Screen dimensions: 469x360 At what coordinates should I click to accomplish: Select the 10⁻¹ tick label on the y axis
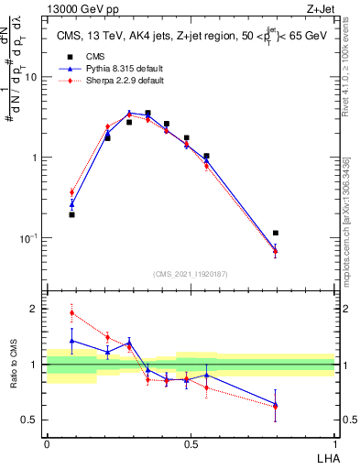pos(29,238)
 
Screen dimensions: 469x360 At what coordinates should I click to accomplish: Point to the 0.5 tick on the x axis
pos(190,442)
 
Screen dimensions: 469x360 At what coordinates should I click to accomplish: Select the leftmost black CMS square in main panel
pos(71,214)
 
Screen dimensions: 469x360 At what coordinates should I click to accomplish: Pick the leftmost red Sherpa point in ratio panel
pos(71,313)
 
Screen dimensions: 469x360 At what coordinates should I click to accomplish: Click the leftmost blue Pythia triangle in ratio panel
pos(71,340)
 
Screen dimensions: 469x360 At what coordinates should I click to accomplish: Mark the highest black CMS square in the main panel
pos(147,114)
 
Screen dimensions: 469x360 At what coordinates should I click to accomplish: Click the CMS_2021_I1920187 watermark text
pos(190,273)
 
